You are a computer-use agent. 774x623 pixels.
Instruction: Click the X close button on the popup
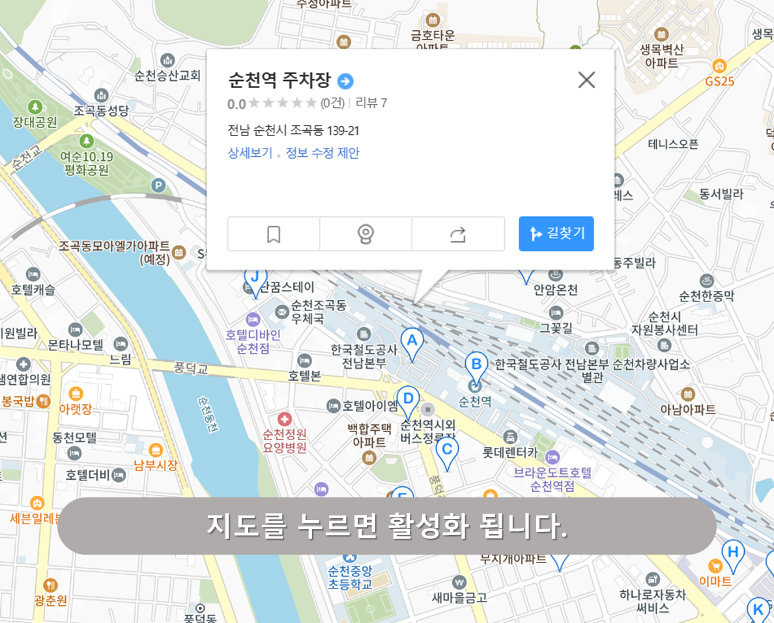point(586,80)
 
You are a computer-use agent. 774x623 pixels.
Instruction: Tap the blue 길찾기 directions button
point(556,234)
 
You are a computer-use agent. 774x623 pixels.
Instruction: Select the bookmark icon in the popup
point(274,234)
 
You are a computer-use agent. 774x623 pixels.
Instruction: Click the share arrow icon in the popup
point(458,234)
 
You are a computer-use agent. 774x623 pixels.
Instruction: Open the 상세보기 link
point(250,153)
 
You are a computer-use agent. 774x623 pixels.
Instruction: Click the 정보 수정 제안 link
point(322,153)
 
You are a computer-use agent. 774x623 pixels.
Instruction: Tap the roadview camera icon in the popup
point(366,234)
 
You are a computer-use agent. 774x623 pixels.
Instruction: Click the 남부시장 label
point(155,465)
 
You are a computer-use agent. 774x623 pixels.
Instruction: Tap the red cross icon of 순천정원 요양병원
point(284,419)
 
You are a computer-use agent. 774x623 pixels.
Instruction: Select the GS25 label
point(719,81)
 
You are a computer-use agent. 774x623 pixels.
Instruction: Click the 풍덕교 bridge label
point(190,369)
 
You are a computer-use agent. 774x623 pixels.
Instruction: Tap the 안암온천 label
point(555,290)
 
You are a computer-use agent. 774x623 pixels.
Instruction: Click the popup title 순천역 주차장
point(280,81)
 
